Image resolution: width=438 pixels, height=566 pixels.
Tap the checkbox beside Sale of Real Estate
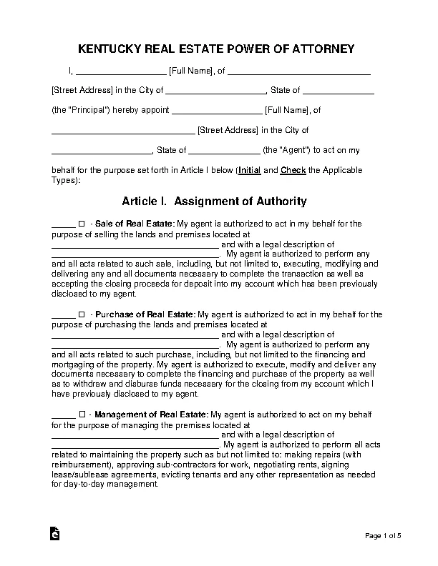82,224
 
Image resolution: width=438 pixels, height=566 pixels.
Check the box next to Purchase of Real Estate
82,314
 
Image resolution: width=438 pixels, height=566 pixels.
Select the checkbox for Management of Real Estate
82,414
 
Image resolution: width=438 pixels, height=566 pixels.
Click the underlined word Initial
248,171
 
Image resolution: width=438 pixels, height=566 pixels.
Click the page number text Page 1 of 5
386,536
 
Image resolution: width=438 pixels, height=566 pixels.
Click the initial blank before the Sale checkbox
64,224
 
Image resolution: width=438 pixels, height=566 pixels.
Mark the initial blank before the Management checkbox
64,414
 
